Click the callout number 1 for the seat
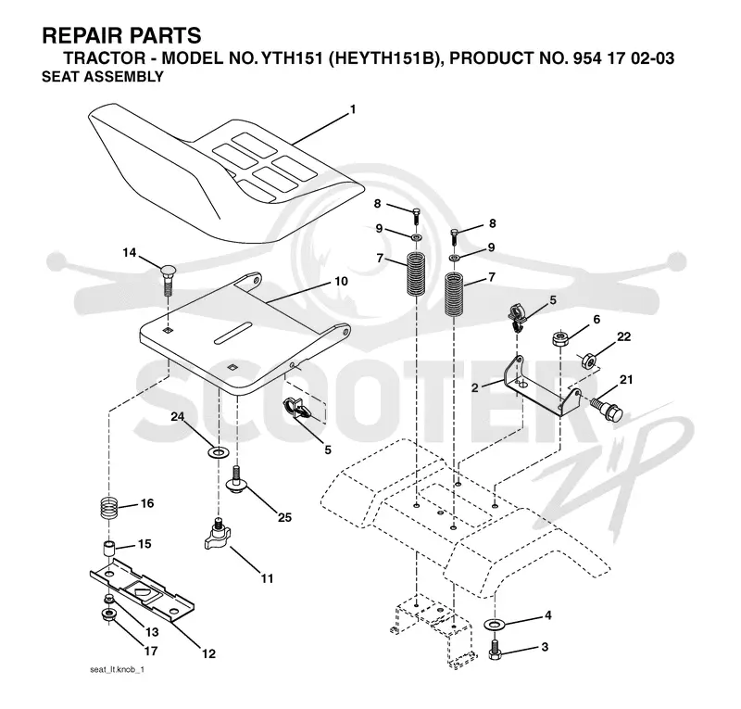pos(353,109)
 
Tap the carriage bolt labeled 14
pos(169,280)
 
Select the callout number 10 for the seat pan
pos(341,282)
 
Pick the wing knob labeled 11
pos(217,535)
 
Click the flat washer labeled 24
pos(218,452)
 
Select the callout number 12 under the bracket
pos(209,653)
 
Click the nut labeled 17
pos(107,615)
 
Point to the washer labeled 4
pos(495,625)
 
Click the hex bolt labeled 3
pos(495,650)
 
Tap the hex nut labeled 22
pos(588,361)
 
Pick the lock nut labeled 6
pos(559,338)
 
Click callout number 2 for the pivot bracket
pos(475,387)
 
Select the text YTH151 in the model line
pos(292,58)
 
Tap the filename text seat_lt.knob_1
pos(117,670)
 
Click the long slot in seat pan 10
pos(232,332)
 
